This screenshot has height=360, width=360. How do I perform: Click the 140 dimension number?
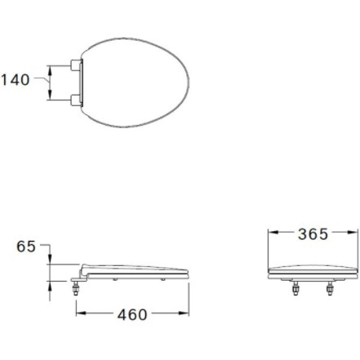click(16, 80)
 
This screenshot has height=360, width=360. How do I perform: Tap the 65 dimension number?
click(26, 247)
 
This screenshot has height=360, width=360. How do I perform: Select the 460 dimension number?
click(132, 314)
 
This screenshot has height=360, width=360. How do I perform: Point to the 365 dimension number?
click(313, 234)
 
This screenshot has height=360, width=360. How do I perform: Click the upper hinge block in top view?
click(76, 65)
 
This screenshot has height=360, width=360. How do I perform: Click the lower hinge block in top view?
click(76, 100)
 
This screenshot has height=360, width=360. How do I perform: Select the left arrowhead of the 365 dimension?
click(273, 232)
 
